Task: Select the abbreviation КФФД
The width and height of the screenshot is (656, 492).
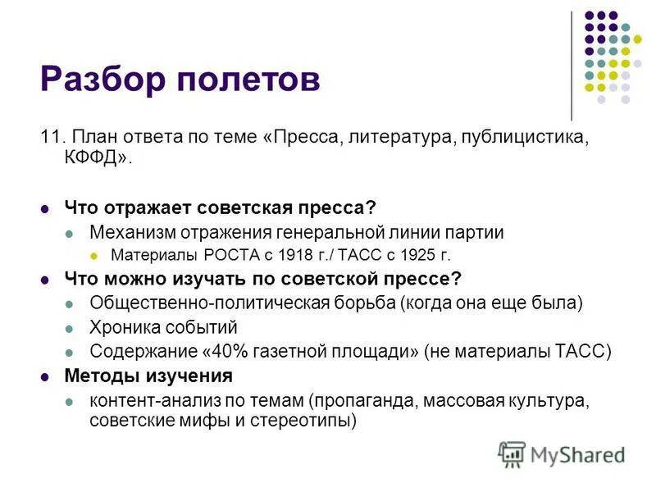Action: click(x=93, y=157)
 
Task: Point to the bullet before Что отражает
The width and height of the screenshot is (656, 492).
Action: click(x=46, y=210)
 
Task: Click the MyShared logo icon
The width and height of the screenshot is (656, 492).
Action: click(x=512, y=454)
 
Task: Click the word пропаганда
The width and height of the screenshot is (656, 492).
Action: click(x=363, y=402)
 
